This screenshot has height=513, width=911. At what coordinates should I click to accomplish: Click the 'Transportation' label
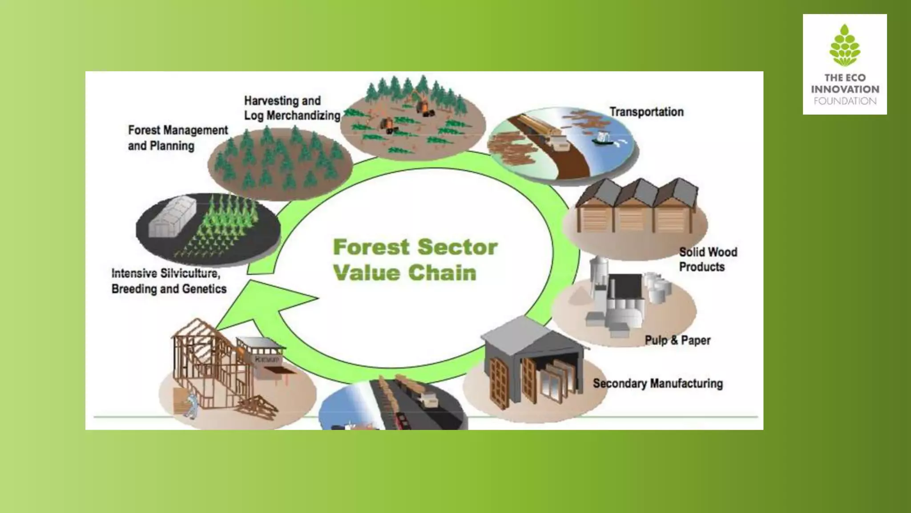coord(646,112)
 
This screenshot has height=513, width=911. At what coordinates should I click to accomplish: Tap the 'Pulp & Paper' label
coord(677,341)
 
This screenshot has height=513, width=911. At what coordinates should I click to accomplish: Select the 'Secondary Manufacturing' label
coord(657,383)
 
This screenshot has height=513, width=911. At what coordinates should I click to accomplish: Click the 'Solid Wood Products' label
coord(707,260)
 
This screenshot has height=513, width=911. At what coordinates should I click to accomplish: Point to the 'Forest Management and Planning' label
coord(177,138)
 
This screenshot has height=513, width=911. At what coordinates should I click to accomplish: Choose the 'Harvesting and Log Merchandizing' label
coord(292,108)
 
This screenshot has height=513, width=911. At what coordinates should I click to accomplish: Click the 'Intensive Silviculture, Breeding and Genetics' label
coord(169,281)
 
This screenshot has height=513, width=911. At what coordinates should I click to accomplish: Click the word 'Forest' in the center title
coord(371,248)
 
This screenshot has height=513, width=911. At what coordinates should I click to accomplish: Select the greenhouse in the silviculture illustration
coord(170,217)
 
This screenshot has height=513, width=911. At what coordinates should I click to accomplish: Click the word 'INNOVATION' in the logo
coord(845,89)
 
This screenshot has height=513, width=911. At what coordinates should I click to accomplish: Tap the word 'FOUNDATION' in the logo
coord(845,101)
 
